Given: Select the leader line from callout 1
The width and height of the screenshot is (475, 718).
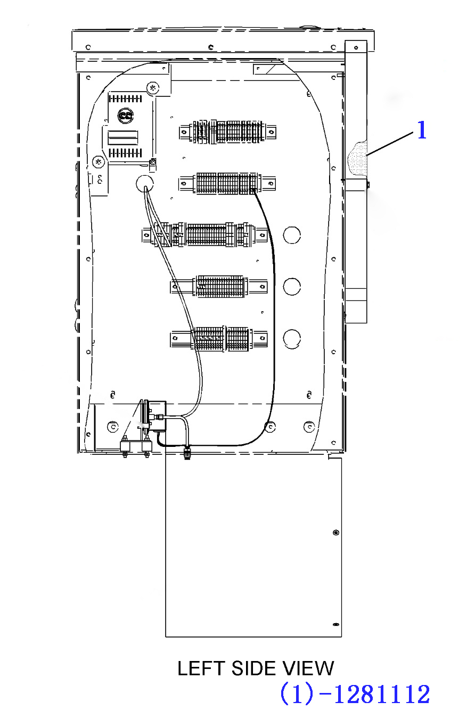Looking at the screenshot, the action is click(390, 144).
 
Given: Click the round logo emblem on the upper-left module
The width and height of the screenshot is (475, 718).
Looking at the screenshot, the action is click(126, 116).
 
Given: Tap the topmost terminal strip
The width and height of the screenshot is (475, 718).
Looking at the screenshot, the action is click(227, 132).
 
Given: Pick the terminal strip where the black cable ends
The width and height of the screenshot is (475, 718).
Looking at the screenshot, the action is click(227, 183).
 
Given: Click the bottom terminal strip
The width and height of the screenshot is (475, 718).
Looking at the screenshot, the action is click(219, 339).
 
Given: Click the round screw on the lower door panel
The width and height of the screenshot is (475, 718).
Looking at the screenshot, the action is click(336, 533).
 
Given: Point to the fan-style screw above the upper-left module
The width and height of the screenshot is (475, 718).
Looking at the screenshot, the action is click(153, 87).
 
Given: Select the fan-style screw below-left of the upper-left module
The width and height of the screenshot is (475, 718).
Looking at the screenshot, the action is click(98, 162).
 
